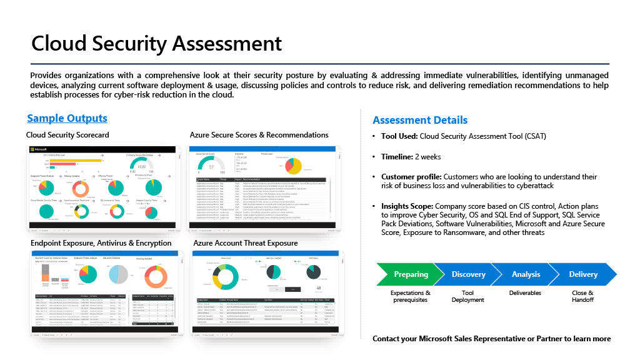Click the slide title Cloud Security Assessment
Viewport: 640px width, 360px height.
[156, 43]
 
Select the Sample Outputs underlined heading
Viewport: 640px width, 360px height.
[67, 118]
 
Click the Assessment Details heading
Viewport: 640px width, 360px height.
[419, 120]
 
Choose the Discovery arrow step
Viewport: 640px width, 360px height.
[468, 274]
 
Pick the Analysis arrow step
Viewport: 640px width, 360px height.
[526, 274]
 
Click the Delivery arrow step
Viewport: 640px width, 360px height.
[582, 274]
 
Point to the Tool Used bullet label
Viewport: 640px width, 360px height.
[399, 136]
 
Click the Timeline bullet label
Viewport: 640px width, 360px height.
[397, 157]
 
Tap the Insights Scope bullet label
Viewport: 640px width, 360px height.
[407, 206]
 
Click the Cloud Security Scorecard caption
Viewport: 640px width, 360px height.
[67, 135]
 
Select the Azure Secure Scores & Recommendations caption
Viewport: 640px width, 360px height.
[259, 135]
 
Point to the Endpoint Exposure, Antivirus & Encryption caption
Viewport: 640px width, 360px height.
[101, 242]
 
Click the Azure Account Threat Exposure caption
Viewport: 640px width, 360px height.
[245, 242]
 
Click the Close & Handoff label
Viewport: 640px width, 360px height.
[582, 296]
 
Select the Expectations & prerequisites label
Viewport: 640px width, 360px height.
[411, 296]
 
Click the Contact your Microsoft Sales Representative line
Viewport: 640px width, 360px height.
[491, 339]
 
